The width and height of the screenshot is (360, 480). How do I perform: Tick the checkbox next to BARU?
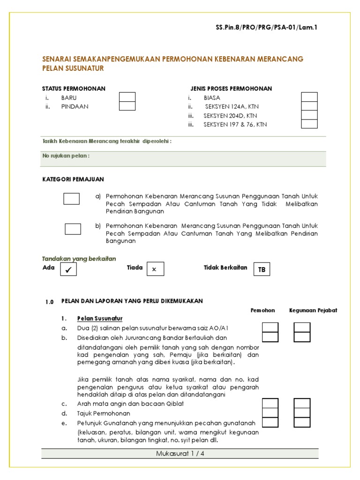pyautogui.click(x=127, y=97)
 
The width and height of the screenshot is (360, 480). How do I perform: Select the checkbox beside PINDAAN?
pyautogui.click(x=127, y=106)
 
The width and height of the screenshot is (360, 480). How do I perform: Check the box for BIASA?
pyautogui.click(x=309, y=97)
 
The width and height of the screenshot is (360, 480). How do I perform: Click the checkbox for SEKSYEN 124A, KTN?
pyautogui.click(x=309, y=106)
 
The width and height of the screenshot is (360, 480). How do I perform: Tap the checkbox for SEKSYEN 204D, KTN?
pyautogui.click(x=309, y=115)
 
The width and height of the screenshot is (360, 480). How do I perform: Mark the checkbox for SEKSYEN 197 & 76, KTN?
pyautogui.click(x=309, y=124)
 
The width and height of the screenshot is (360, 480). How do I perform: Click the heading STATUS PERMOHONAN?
pyautogui.click(x=74, y=89)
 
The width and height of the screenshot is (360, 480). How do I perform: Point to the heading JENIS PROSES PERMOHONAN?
pyautogui.click(x=231, y=89)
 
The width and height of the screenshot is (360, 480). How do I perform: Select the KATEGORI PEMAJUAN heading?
pyautogui.click(x=73, y=180)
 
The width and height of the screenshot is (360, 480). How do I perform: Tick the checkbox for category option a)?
pyautogui.click(x=72, y=199)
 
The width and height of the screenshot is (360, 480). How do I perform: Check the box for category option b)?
pyautogui.click(x=73, y=229)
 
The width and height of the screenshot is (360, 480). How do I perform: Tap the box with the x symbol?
pyautogui.click(x=155, y=269)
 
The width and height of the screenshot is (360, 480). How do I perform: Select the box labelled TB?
pyautogui.click(x=262, y=269)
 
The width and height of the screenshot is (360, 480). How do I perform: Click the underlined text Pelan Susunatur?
pyautogui.click(x=100, y=319)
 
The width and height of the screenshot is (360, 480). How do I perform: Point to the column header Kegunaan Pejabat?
pyautogui.click(x=313, y=310)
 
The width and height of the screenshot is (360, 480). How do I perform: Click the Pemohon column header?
pyautogui.click(x=263, y=310)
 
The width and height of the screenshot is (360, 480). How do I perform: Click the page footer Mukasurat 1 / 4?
pyautogui.click(x=180, y=453)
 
